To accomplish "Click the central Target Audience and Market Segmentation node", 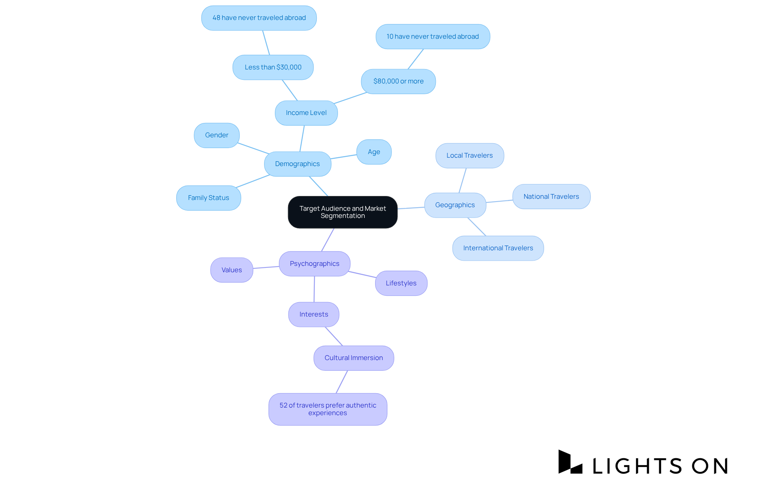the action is [342, 212].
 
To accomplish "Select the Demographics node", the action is [297, 164].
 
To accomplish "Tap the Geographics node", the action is [455, 205].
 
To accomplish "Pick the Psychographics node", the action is [314, 263].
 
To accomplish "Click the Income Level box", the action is [306, 113].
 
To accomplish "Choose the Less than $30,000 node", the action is [273, 67].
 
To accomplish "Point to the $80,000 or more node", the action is [398, 81].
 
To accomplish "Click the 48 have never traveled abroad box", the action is [259, 18].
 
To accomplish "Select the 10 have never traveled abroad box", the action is [432, 36].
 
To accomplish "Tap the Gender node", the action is [217, 135].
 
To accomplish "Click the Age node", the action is [374, 152].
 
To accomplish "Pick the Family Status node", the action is [208, 198].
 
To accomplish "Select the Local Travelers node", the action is [469, 155].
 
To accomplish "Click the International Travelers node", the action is [498, 248].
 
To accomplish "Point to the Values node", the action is [232, 270].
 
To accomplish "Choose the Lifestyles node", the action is [401, 283].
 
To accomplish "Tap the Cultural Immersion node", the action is [354, 358].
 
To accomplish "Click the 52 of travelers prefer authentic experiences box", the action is [328, 409].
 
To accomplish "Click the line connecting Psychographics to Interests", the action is [314, 289].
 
